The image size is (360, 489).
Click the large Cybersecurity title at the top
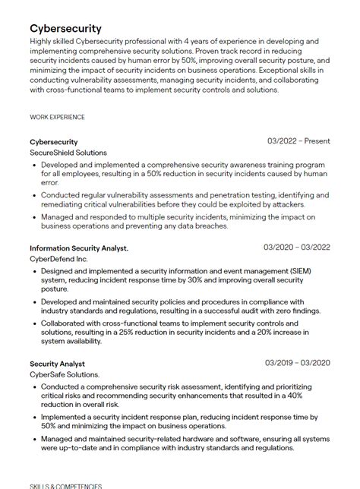[65, 28]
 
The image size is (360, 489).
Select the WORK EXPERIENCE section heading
[57, 117]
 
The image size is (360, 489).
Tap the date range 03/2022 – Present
[298, 141]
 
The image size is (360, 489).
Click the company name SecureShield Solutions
[68, 153]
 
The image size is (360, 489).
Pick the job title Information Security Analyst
[79, 248]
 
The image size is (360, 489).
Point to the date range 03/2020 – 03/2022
[297, 248]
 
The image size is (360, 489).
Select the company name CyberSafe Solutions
[65, 375]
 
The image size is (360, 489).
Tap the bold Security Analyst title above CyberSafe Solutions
[57, 364]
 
